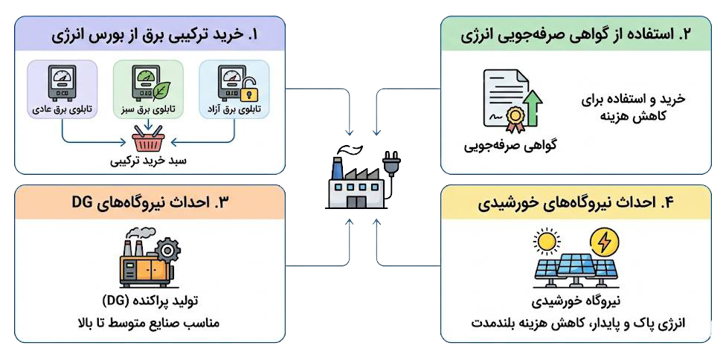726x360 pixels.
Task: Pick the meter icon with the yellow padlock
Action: (234, 84)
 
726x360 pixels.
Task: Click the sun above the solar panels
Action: (549, 242)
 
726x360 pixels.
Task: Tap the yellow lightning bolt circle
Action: (603, 242)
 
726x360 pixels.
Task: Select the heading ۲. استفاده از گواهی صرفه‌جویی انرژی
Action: (576, 34)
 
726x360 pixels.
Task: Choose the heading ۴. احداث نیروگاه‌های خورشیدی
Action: (576, 202)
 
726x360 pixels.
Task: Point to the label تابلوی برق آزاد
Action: (234, 109)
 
